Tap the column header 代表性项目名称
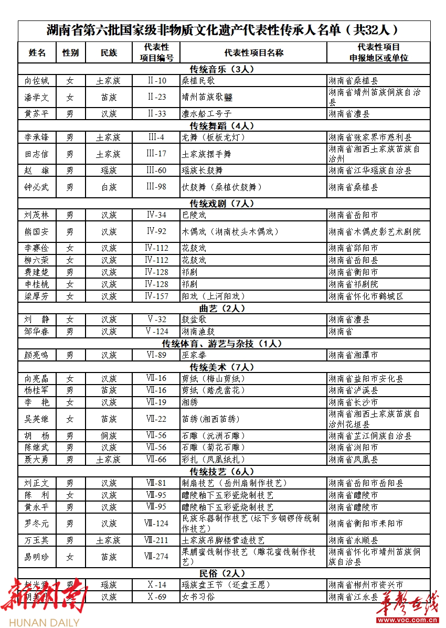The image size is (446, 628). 253,52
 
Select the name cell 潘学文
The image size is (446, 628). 37,97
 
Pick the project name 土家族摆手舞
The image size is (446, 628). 206,154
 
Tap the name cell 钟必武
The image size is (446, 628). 37,187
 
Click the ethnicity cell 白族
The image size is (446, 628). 109,187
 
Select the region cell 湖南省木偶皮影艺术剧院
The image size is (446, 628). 375,231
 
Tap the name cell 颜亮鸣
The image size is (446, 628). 37,355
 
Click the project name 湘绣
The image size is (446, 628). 190,402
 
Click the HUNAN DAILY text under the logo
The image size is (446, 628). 40,622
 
